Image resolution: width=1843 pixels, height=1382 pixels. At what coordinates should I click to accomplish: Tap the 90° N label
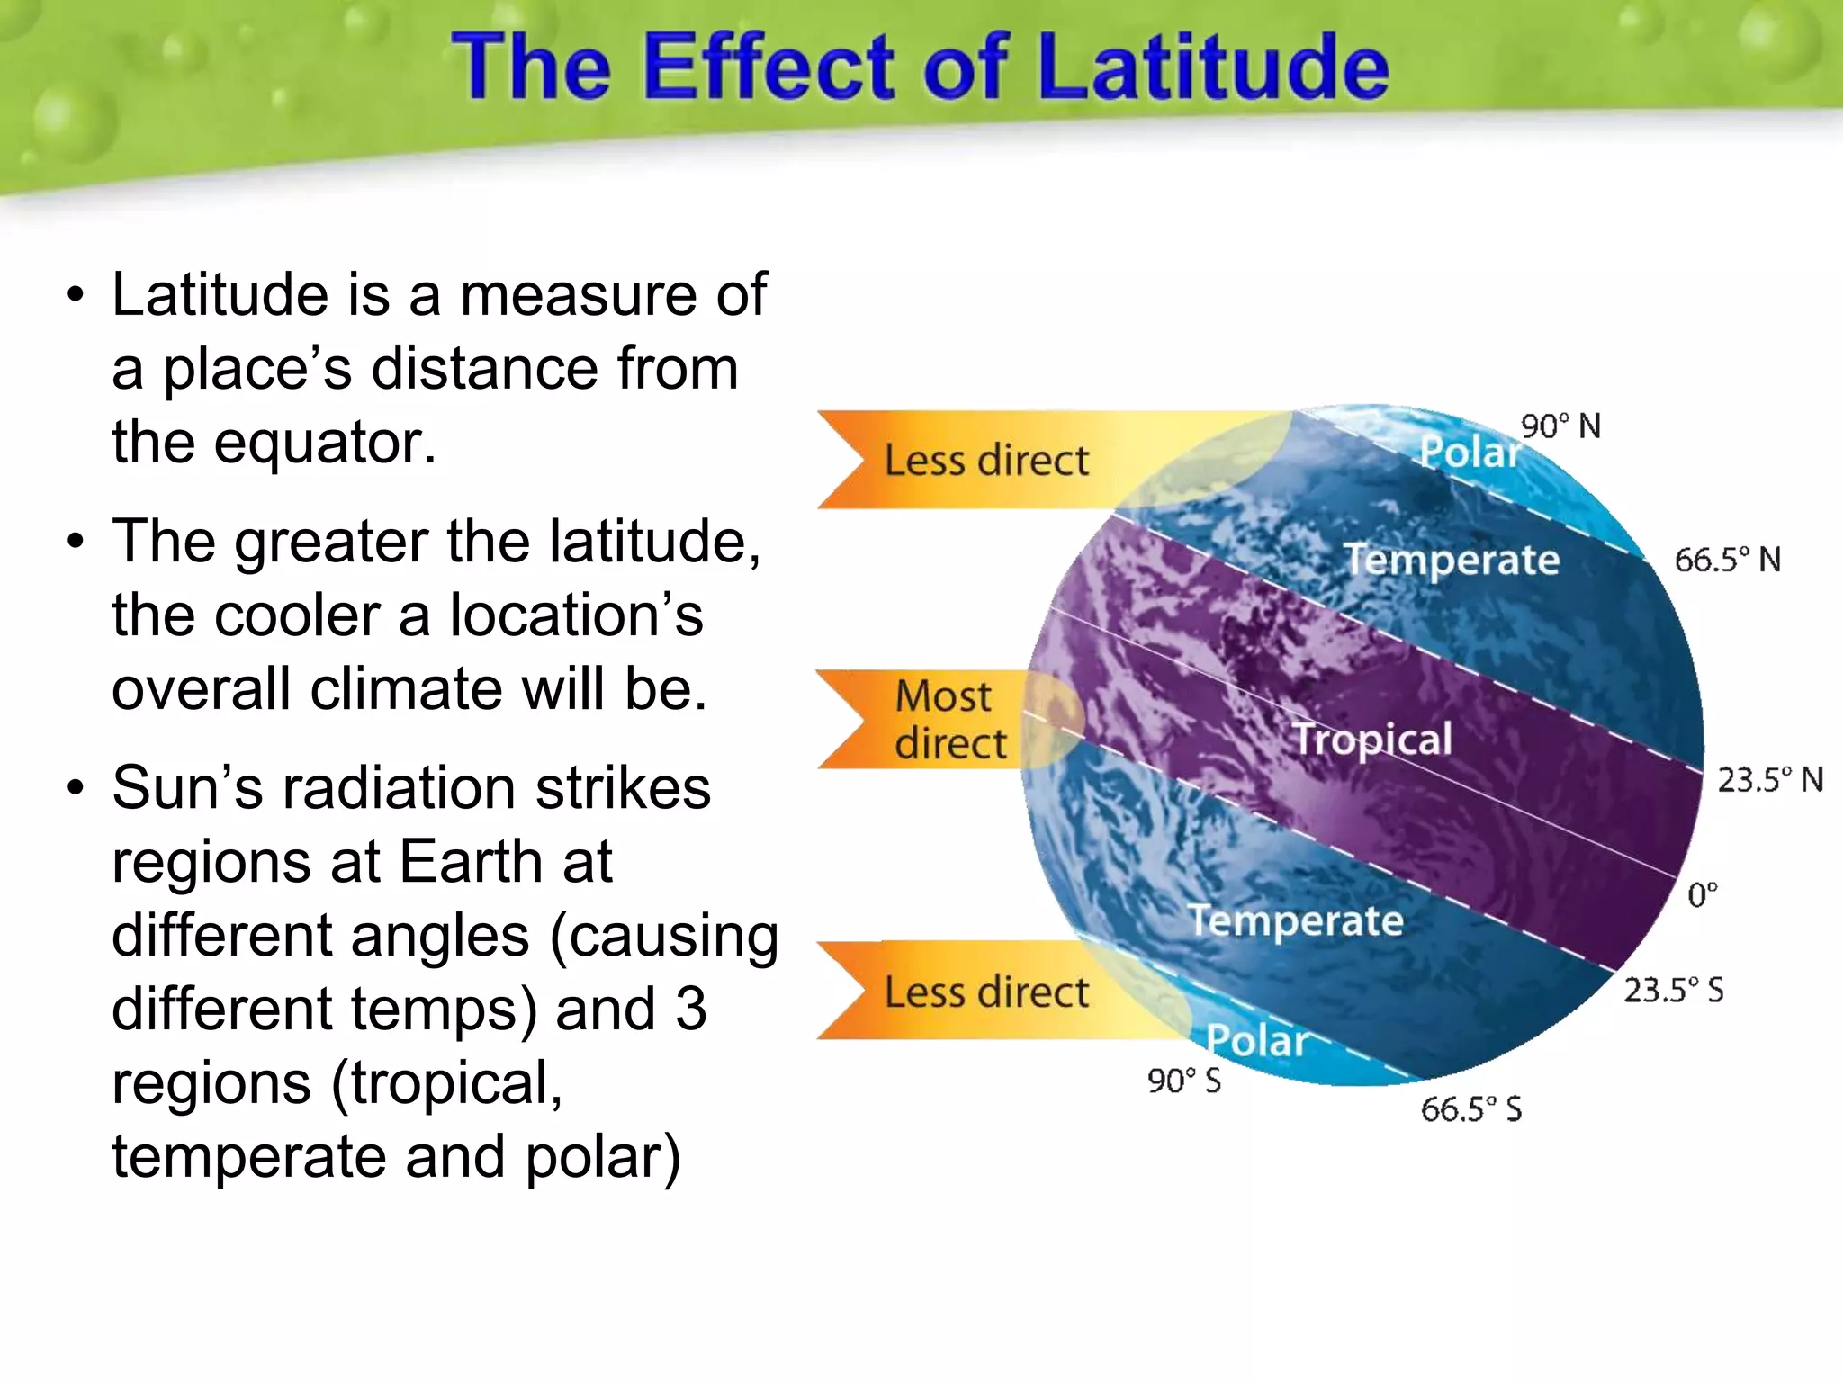click(1560, 426)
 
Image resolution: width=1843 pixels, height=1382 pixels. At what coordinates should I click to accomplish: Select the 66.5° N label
click(1727, 560)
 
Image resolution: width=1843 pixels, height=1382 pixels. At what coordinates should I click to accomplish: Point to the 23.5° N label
click(1769, 779)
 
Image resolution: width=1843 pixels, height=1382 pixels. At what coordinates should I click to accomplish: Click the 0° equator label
click(1702, 894)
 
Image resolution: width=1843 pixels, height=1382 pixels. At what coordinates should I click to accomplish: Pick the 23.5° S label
click(1673, 990)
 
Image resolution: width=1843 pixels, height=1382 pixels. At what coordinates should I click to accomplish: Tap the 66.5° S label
click(1470, 1108)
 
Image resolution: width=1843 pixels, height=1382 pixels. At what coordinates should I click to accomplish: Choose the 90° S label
click(1183, 1080)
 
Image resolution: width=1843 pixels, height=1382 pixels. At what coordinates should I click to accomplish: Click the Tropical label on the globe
click(1371, 740)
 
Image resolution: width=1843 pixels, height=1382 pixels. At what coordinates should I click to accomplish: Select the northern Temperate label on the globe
click(1451, 560)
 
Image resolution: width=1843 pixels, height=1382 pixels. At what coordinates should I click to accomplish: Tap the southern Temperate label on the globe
click(1296, 920)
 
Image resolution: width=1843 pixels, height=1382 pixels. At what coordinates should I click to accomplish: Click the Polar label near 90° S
click(1256, 1040)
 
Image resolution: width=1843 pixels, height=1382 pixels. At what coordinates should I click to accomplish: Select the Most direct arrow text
click(948, 720)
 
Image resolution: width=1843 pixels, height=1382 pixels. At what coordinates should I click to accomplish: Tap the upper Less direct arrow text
click(986, 460)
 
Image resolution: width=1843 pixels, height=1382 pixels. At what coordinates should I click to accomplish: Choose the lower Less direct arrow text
click(986, 992)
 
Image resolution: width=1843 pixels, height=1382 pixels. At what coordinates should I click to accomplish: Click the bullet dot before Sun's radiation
click(76, 789)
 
